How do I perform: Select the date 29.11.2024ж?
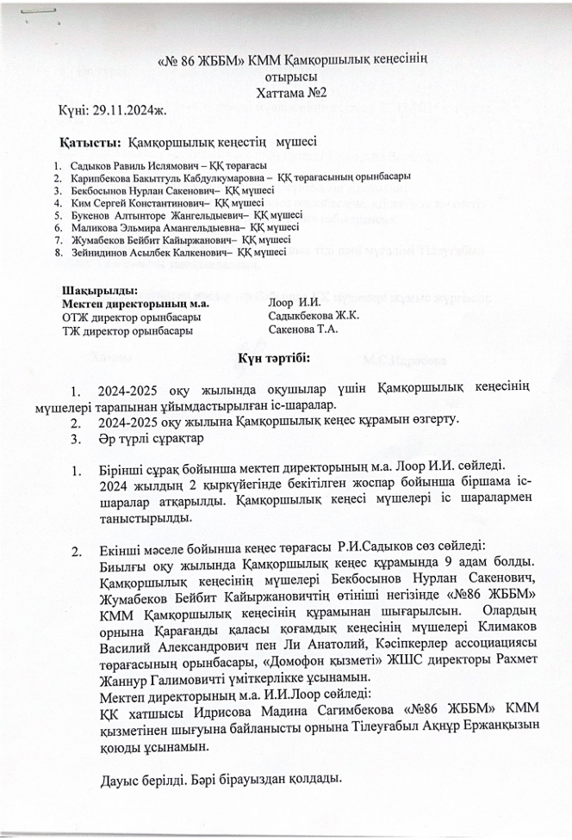click(136, 110)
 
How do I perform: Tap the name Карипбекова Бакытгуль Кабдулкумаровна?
click(159, 176)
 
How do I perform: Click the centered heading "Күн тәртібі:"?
click(285, 356)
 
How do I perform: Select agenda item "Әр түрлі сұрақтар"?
click(150, 438)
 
